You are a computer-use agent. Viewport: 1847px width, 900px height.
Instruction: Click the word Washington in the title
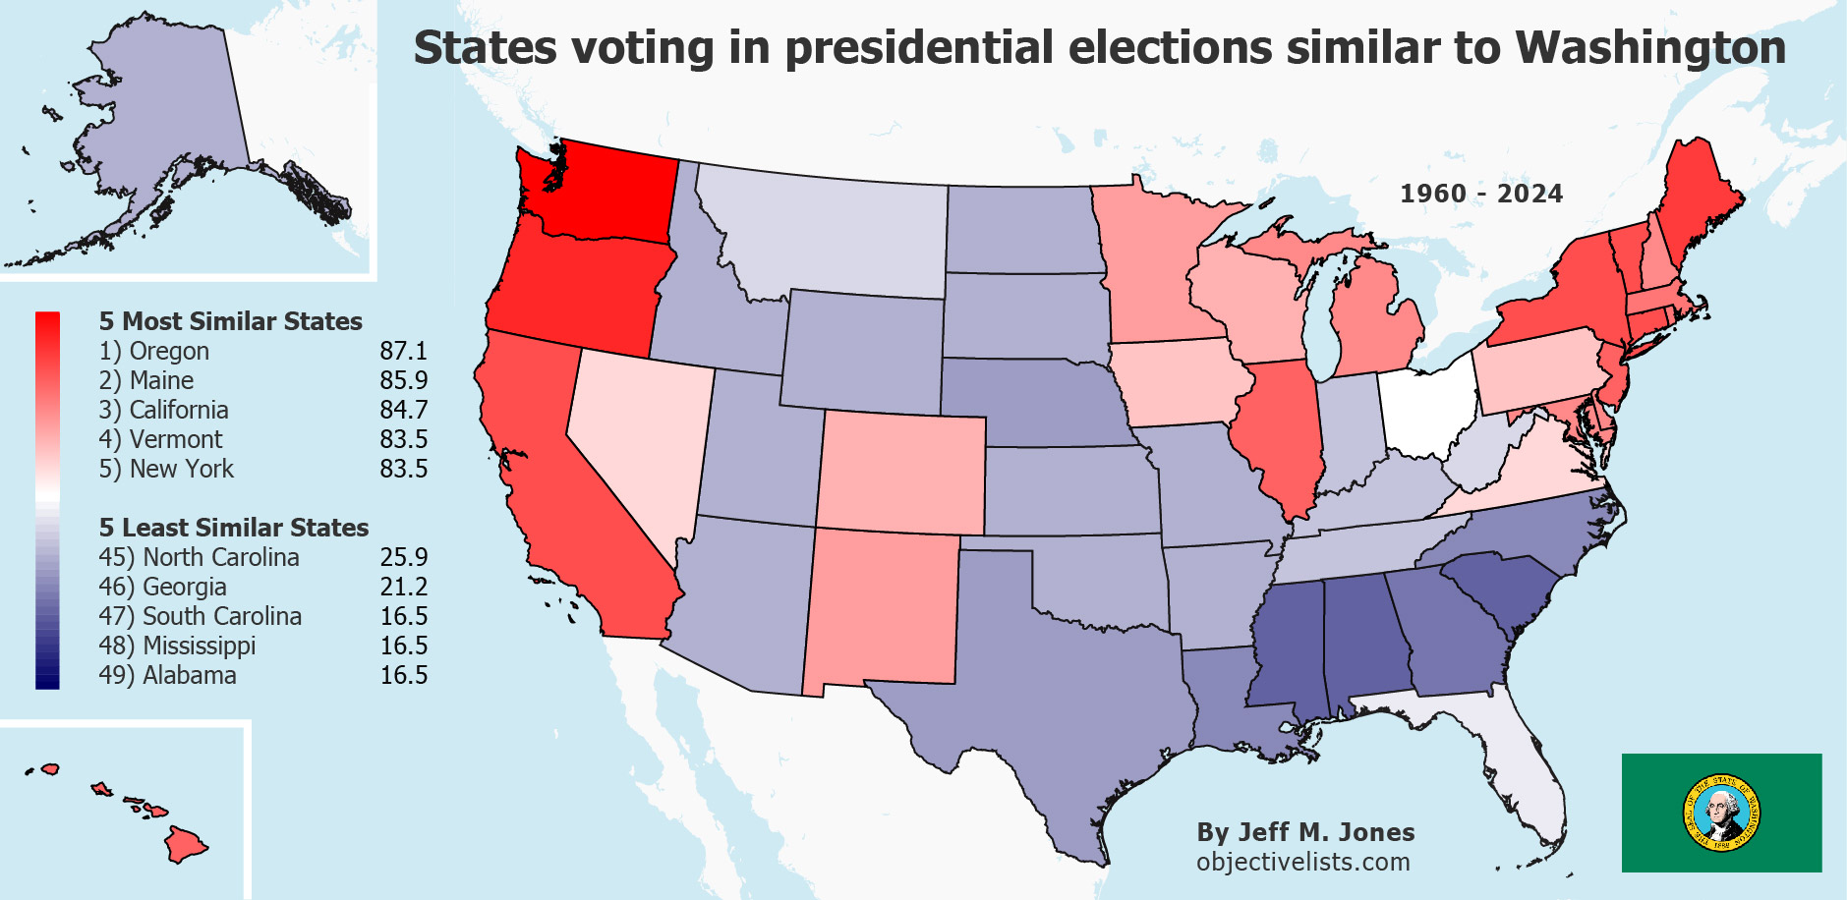click(x=1650, y=47)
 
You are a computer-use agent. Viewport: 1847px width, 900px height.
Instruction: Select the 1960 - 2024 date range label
click(x=1480, y=194)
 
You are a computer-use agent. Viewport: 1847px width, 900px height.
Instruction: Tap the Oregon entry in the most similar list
click(x=154, y=351)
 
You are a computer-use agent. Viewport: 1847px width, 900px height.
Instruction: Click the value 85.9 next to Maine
click(x=403, y=380)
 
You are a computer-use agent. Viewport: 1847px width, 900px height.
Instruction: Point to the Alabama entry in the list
click(x=167, y=675)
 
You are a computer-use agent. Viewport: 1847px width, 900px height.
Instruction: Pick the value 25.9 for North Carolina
click(x=403, y=557)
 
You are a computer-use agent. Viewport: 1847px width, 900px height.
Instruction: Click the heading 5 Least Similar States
click(x=233, y=528)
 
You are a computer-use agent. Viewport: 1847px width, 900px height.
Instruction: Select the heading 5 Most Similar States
click(x=230, y=321)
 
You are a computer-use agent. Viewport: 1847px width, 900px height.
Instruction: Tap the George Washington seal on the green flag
click(x=1721, y=813)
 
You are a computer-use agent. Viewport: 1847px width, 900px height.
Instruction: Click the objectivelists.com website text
click(x=1302, y=862)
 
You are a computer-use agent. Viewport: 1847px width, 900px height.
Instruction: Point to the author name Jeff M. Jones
click(x=1304, y=832)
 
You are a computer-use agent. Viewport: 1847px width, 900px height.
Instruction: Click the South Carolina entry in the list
click(x=200, y=616)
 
